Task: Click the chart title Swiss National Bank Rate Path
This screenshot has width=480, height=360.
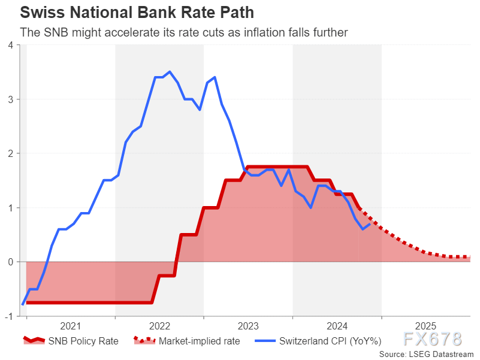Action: coord(128,13)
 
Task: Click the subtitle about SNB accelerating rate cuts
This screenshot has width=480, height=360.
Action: coord(184,32)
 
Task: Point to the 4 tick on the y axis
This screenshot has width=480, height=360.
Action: coord(11,45)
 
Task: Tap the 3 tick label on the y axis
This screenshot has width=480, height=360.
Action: coord(11,99)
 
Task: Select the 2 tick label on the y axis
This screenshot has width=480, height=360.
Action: coord(11,153)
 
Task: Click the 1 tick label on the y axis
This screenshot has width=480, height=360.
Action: coord(11,208)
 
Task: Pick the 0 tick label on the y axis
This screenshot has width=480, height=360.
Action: coord(11,262)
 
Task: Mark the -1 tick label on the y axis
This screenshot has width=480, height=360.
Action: coord(10,316)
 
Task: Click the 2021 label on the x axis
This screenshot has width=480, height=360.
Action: coord(71,326)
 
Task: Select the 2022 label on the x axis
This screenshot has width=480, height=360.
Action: coord(159,326)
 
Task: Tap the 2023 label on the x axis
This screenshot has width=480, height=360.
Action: coord(248,326)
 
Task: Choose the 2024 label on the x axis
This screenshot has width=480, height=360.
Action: coord(337,326)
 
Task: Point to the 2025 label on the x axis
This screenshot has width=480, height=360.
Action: coord(425,326)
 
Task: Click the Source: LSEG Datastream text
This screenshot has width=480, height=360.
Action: coord(426,354)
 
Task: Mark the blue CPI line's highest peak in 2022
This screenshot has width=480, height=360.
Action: coord(170,72)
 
